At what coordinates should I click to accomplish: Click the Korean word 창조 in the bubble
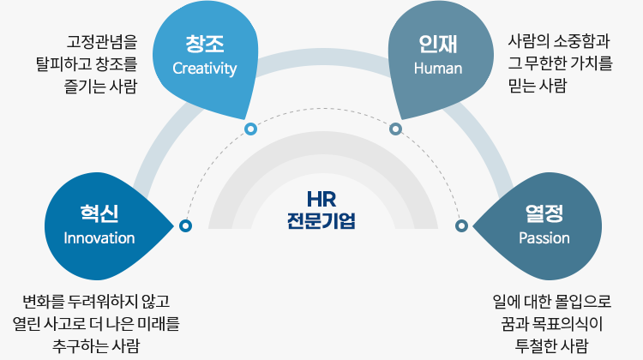[x=205, y=44]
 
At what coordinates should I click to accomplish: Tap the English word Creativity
[x=205, y=69]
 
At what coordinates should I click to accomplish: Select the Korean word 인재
[x=437, y=44]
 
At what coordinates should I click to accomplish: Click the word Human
[x=438, y=68]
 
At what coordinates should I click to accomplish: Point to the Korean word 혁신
[x=99, y=213]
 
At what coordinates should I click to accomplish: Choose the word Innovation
[x=99, y=237]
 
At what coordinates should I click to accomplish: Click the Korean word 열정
[x=544, y=213]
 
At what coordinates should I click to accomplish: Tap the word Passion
[x=544, y=237]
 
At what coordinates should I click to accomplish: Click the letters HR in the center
[x=321, y=200]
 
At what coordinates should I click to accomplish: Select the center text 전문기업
[x=321, y=220]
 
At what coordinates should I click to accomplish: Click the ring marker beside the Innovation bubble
[x=185, y=225]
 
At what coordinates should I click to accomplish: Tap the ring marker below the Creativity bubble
[x=250, y=129]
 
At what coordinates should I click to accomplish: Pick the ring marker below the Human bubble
[x=395, y=129]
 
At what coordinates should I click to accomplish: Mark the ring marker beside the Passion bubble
[x=461, y=225]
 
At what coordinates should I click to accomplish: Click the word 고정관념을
[x=102, y=41]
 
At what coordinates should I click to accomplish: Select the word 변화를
[x=44, y=302]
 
